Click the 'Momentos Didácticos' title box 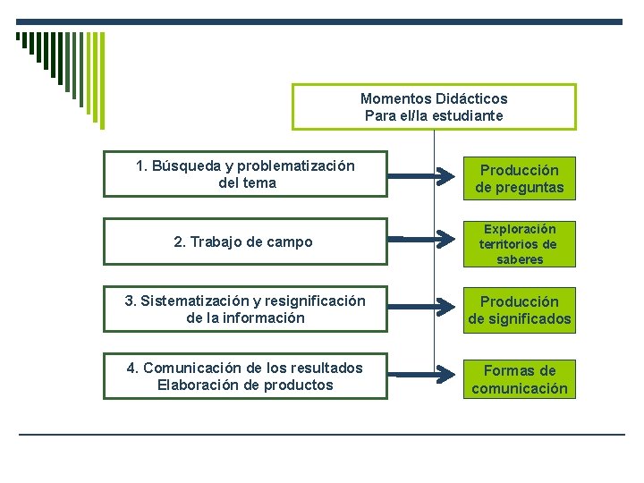point(434,107)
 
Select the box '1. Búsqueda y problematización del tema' point(245,174)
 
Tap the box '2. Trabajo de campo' point(245,241)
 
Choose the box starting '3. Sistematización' point(245,309)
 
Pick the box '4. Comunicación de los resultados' point(245,377)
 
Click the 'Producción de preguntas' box point(519,178)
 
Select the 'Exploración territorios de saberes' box point(519,243)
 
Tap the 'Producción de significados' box point(519,310)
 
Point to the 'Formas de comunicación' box point(519,378)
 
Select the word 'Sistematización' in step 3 point(193,301)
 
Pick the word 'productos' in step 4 point(301,386)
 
